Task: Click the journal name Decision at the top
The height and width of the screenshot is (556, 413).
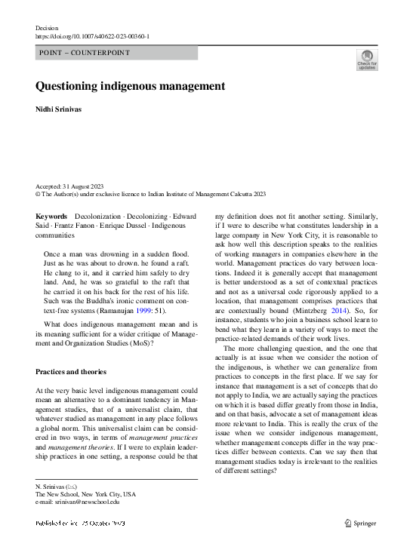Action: (47, 26)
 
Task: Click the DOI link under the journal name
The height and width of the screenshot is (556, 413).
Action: (92, 35)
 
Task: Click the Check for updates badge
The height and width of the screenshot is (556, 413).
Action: (367, 60)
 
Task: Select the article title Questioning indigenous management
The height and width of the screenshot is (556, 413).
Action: (130, 86)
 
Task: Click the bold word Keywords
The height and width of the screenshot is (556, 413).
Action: (51, 217)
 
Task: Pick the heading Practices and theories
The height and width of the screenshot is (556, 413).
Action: (72, 372)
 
